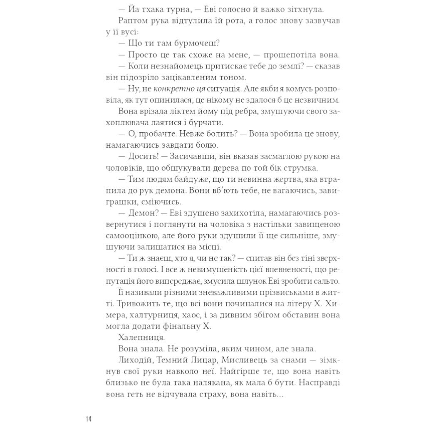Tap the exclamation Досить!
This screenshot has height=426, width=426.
(139, 156)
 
